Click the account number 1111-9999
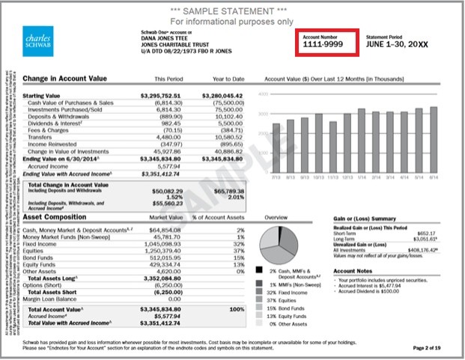click(323, 45)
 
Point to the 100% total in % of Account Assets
click(237, 308)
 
